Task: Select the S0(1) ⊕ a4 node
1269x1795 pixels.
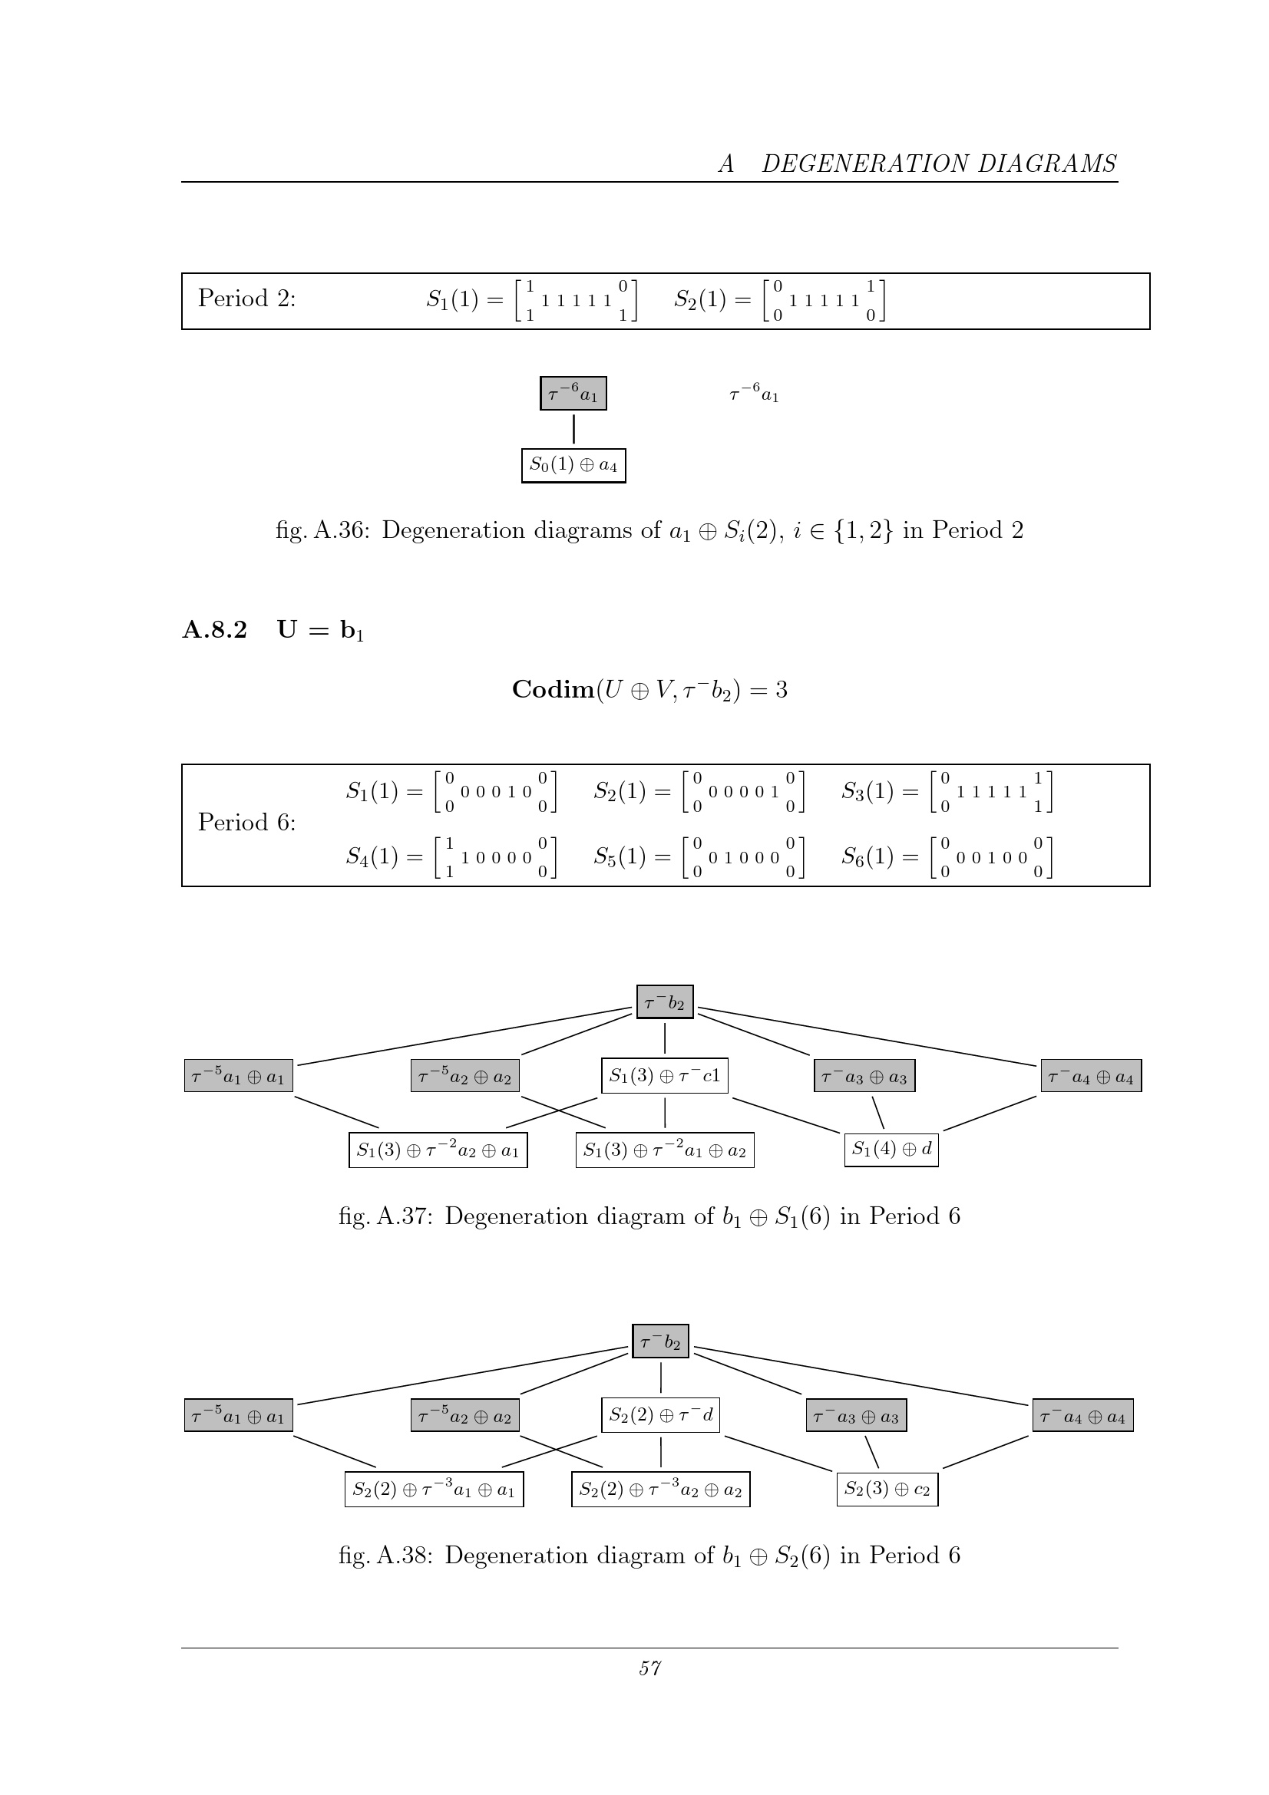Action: (573, 465)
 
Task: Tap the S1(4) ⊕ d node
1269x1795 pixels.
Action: (891, 1150)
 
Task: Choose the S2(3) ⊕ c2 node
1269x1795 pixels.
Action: (887, 1489)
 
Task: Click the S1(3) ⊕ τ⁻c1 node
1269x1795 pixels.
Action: (665, 1076)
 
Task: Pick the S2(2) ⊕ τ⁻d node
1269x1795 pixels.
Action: (661, 1415)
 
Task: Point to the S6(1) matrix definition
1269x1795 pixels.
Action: (947, 858)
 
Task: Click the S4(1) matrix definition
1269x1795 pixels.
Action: (451, 858)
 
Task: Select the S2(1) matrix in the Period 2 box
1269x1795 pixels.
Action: (779, 300)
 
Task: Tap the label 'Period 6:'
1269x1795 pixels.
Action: (246, 823)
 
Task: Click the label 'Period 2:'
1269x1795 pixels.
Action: (246, 298)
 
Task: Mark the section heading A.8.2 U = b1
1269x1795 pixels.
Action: (273, 630)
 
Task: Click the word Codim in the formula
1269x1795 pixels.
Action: (554, 690)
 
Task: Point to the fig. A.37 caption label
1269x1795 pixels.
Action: (385, 1216)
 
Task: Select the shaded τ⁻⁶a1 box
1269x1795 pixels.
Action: (573, 393)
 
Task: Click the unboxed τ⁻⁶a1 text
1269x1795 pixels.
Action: (754, 393)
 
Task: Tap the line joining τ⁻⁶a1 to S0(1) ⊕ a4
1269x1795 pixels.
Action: (574, 429)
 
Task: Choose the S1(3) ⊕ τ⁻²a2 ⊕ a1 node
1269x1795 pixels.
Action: (438, 1150)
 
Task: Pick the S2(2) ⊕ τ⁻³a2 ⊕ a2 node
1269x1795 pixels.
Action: (661, 1490)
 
